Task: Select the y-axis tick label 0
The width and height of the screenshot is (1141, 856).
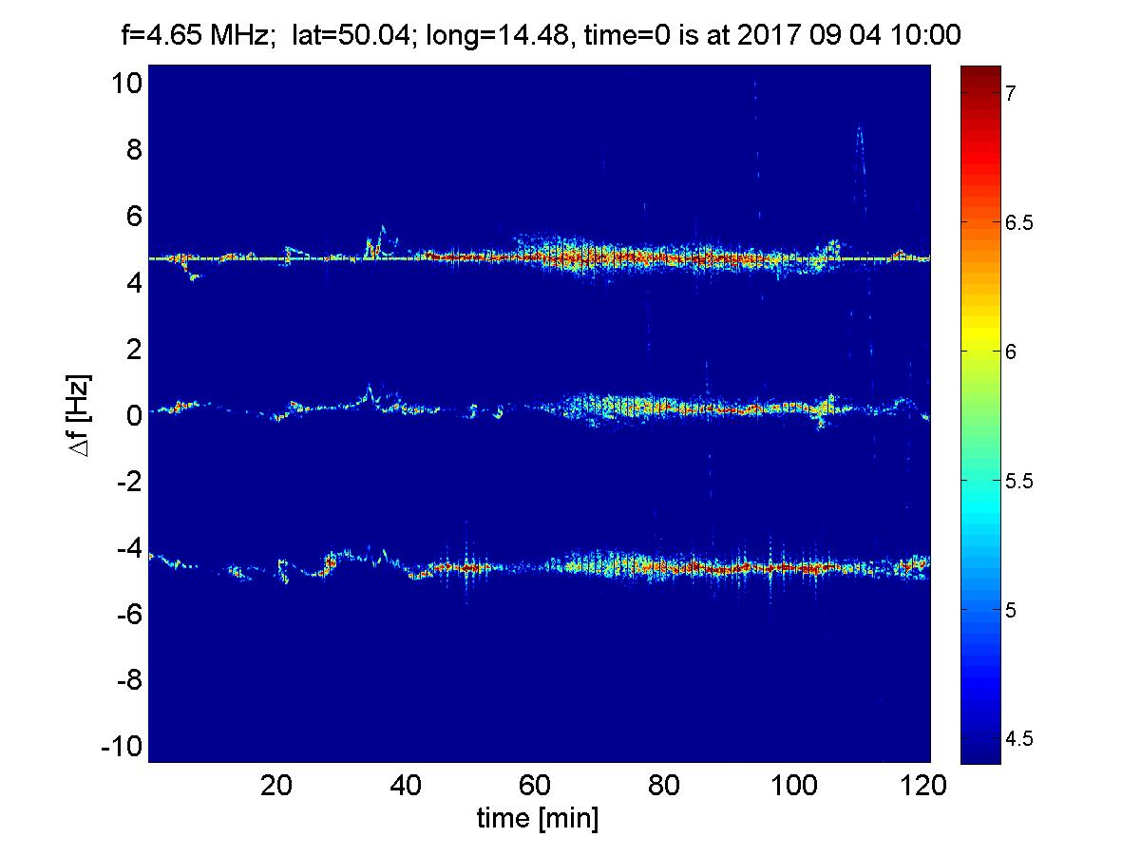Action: click(x=133, y=416)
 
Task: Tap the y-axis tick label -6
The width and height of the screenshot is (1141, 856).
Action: click(x=127, y=615)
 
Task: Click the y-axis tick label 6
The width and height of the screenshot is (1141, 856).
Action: click(x=133, y=217)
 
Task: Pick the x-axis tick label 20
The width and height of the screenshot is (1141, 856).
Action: click(x=276, y=786)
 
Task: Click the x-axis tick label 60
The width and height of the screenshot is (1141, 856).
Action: click(x=537, y=786)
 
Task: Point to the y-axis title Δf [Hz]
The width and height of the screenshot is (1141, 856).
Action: click(x=83, y=415)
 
